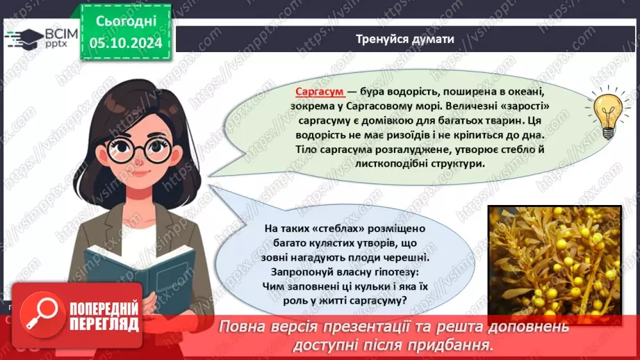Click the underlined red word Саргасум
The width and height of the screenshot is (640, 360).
coord(320,92)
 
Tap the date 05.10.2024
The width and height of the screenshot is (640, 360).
coord(126,43)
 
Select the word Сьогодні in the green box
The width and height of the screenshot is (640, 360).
coord(126,22)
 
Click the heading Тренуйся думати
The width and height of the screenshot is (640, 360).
coord(404,39)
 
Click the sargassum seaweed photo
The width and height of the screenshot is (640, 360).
coord(555,265)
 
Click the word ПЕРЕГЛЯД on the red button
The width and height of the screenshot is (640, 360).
coord(104,324)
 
